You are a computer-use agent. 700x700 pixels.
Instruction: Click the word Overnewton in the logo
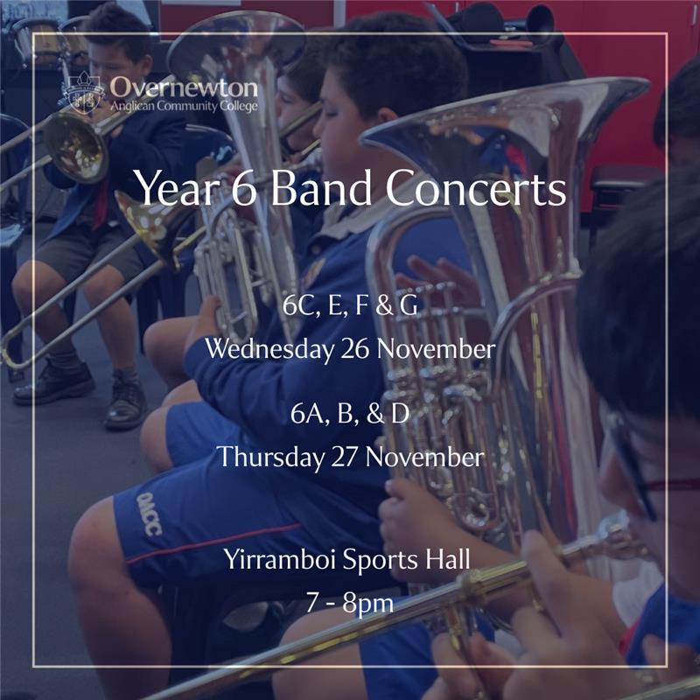coord(184,87)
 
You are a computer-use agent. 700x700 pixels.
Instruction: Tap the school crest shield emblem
coord(82,93)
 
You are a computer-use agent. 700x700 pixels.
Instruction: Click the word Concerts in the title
coord(476,188)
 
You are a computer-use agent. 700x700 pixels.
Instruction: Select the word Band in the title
coord(320,187)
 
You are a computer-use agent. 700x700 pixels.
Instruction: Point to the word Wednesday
coord(269,349)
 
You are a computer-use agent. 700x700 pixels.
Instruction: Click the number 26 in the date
coord(355,349)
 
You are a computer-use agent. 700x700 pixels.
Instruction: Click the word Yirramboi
coord(280,559)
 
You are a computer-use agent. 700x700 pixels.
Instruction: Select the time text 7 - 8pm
coord(350,603)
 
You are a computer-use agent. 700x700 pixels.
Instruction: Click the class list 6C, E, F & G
coord(351,305)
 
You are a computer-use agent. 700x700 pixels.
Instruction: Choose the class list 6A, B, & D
coord(350,414)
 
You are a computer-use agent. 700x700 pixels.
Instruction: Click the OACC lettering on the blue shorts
coord(149,514)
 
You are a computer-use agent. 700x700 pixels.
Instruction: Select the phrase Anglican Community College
coord(184,106)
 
